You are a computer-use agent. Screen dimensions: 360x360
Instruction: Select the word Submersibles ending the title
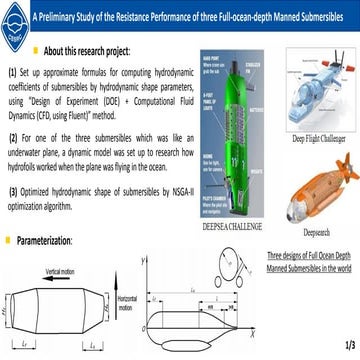pos(327,17)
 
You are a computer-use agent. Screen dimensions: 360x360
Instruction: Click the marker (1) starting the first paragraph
pos(12,73)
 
